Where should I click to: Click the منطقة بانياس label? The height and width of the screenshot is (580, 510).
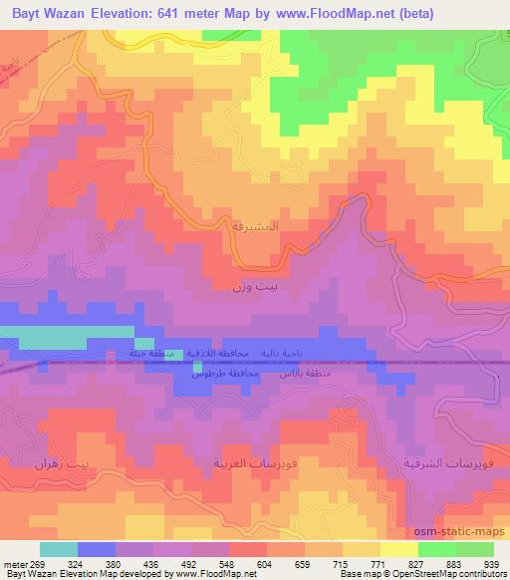tap(315, 373)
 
